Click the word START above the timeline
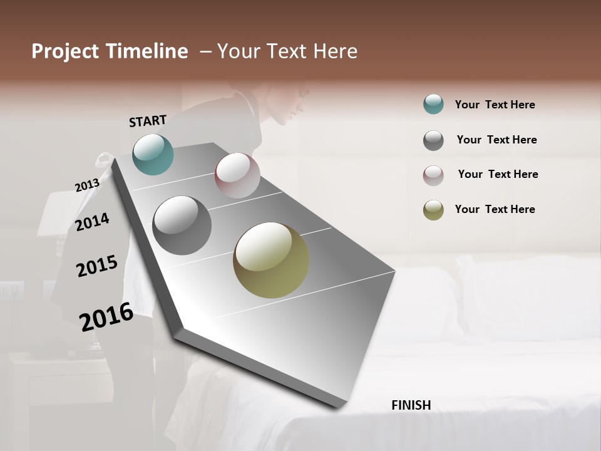(148, 121)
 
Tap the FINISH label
(411, 405)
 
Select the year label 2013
(87, 185)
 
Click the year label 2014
(92, 222)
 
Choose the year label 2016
(106, 316)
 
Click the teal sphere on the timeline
(153, 154)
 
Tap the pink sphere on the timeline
(237, 175)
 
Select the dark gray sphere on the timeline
(182, 225)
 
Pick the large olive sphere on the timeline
(271, 260)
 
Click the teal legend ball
(433, 104)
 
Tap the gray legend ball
(433, 140)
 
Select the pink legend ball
(433, 175)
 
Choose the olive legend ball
(433, 210)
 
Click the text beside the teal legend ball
(495, 105)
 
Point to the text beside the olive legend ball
(495, 209)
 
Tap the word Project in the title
(65, 51)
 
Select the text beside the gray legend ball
(496, 140)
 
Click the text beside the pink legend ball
(498, 174)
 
